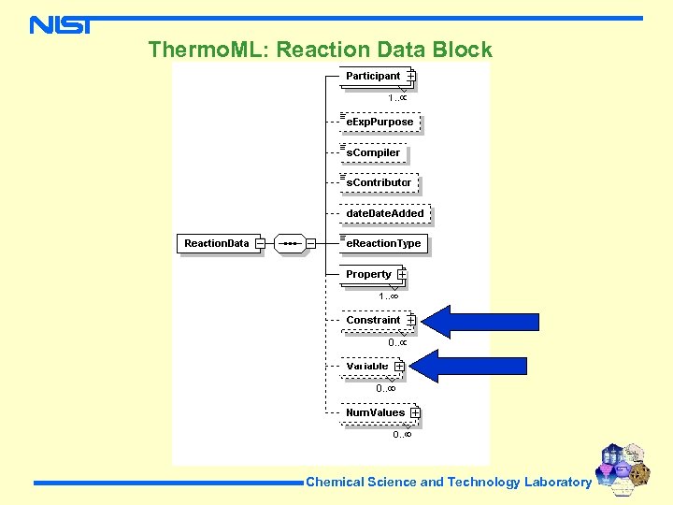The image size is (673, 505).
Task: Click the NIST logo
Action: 61,24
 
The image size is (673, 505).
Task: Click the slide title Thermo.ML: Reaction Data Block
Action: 320,50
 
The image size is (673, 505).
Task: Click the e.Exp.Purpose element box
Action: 379,122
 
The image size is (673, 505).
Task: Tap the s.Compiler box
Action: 374,152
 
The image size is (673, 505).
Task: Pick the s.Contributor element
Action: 379,182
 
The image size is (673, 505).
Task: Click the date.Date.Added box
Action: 384,213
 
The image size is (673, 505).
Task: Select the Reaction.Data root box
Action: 217,243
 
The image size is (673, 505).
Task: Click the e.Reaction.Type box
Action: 383,243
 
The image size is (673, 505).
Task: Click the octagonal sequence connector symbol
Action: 290,243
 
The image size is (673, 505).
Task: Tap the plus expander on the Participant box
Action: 411,76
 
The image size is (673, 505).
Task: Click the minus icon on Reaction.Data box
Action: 259,243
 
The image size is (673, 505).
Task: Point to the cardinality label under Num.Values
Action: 402,434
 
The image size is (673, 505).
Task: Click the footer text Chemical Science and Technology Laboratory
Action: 449,483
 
